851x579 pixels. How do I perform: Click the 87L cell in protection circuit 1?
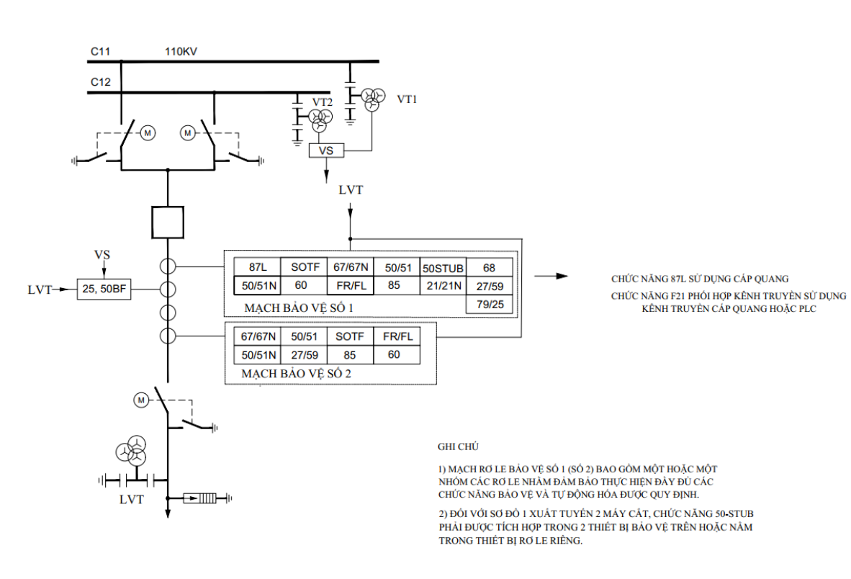(x=257, y=267)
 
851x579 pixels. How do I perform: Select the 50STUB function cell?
(x=443, y=267)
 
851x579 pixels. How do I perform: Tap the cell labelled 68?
(x=489, y=267)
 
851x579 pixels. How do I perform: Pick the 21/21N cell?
(x=443, y=285)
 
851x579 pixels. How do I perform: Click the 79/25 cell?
(x=489, y=305)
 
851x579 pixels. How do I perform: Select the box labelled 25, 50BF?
(x=104, y=289)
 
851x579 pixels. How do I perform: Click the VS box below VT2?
(x=326, y=151)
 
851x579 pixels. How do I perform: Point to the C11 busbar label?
(x=100, y=52)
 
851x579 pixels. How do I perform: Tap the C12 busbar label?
(x=100, y=82)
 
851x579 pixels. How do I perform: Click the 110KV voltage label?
(x=181, y=52)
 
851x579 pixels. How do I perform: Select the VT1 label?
(x=407, y=99)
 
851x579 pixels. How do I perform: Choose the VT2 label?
(x=322, y=102)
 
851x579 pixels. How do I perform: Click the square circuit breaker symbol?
(x=168, y=222)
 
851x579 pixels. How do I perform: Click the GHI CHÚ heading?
(x=458, y=447)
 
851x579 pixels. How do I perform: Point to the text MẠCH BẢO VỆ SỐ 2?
(x=296, y=374)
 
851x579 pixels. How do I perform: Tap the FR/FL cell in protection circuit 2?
(x=397, y=336)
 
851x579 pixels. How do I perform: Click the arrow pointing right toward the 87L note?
(x=551, y=277)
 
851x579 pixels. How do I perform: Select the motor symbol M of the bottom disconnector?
(x=141, y=400)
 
